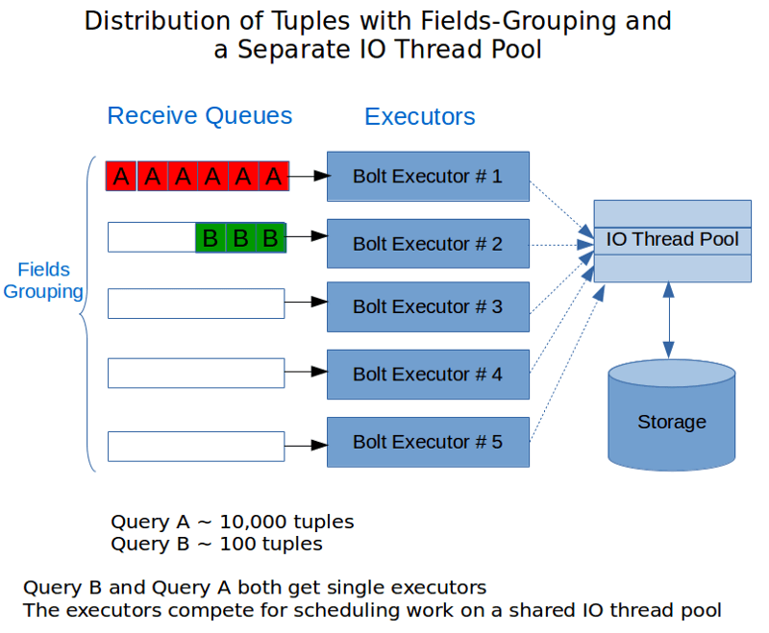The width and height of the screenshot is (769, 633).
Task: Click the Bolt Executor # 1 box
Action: coord(428,177)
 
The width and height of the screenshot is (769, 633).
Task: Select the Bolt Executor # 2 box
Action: coord(428,244)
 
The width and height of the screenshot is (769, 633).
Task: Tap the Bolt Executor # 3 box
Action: coord(428,306)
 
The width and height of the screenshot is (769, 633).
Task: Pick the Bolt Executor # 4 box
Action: coord(428,375)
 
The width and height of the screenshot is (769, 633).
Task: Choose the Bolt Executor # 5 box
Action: coord(428,442)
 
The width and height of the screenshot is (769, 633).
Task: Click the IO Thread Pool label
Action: coord(672,239)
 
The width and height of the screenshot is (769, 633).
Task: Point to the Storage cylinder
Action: coord(671,416)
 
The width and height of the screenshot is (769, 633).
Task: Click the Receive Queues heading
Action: coord(200,116)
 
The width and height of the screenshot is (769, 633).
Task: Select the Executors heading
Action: coord(420,116)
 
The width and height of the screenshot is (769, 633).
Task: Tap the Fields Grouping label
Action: coord(43,280)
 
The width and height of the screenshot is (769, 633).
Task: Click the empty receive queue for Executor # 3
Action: coord(196,304)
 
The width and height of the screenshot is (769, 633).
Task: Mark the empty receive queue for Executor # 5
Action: coord(196,447)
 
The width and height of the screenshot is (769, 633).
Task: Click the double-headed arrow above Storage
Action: coord(668,321)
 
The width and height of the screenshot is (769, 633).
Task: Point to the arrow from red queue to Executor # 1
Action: coord(309,176)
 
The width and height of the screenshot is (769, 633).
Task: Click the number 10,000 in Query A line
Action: coord(250,523)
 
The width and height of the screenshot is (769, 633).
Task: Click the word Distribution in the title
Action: coord(157,21)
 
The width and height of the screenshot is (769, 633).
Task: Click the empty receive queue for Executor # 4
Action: coord(196,373)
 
